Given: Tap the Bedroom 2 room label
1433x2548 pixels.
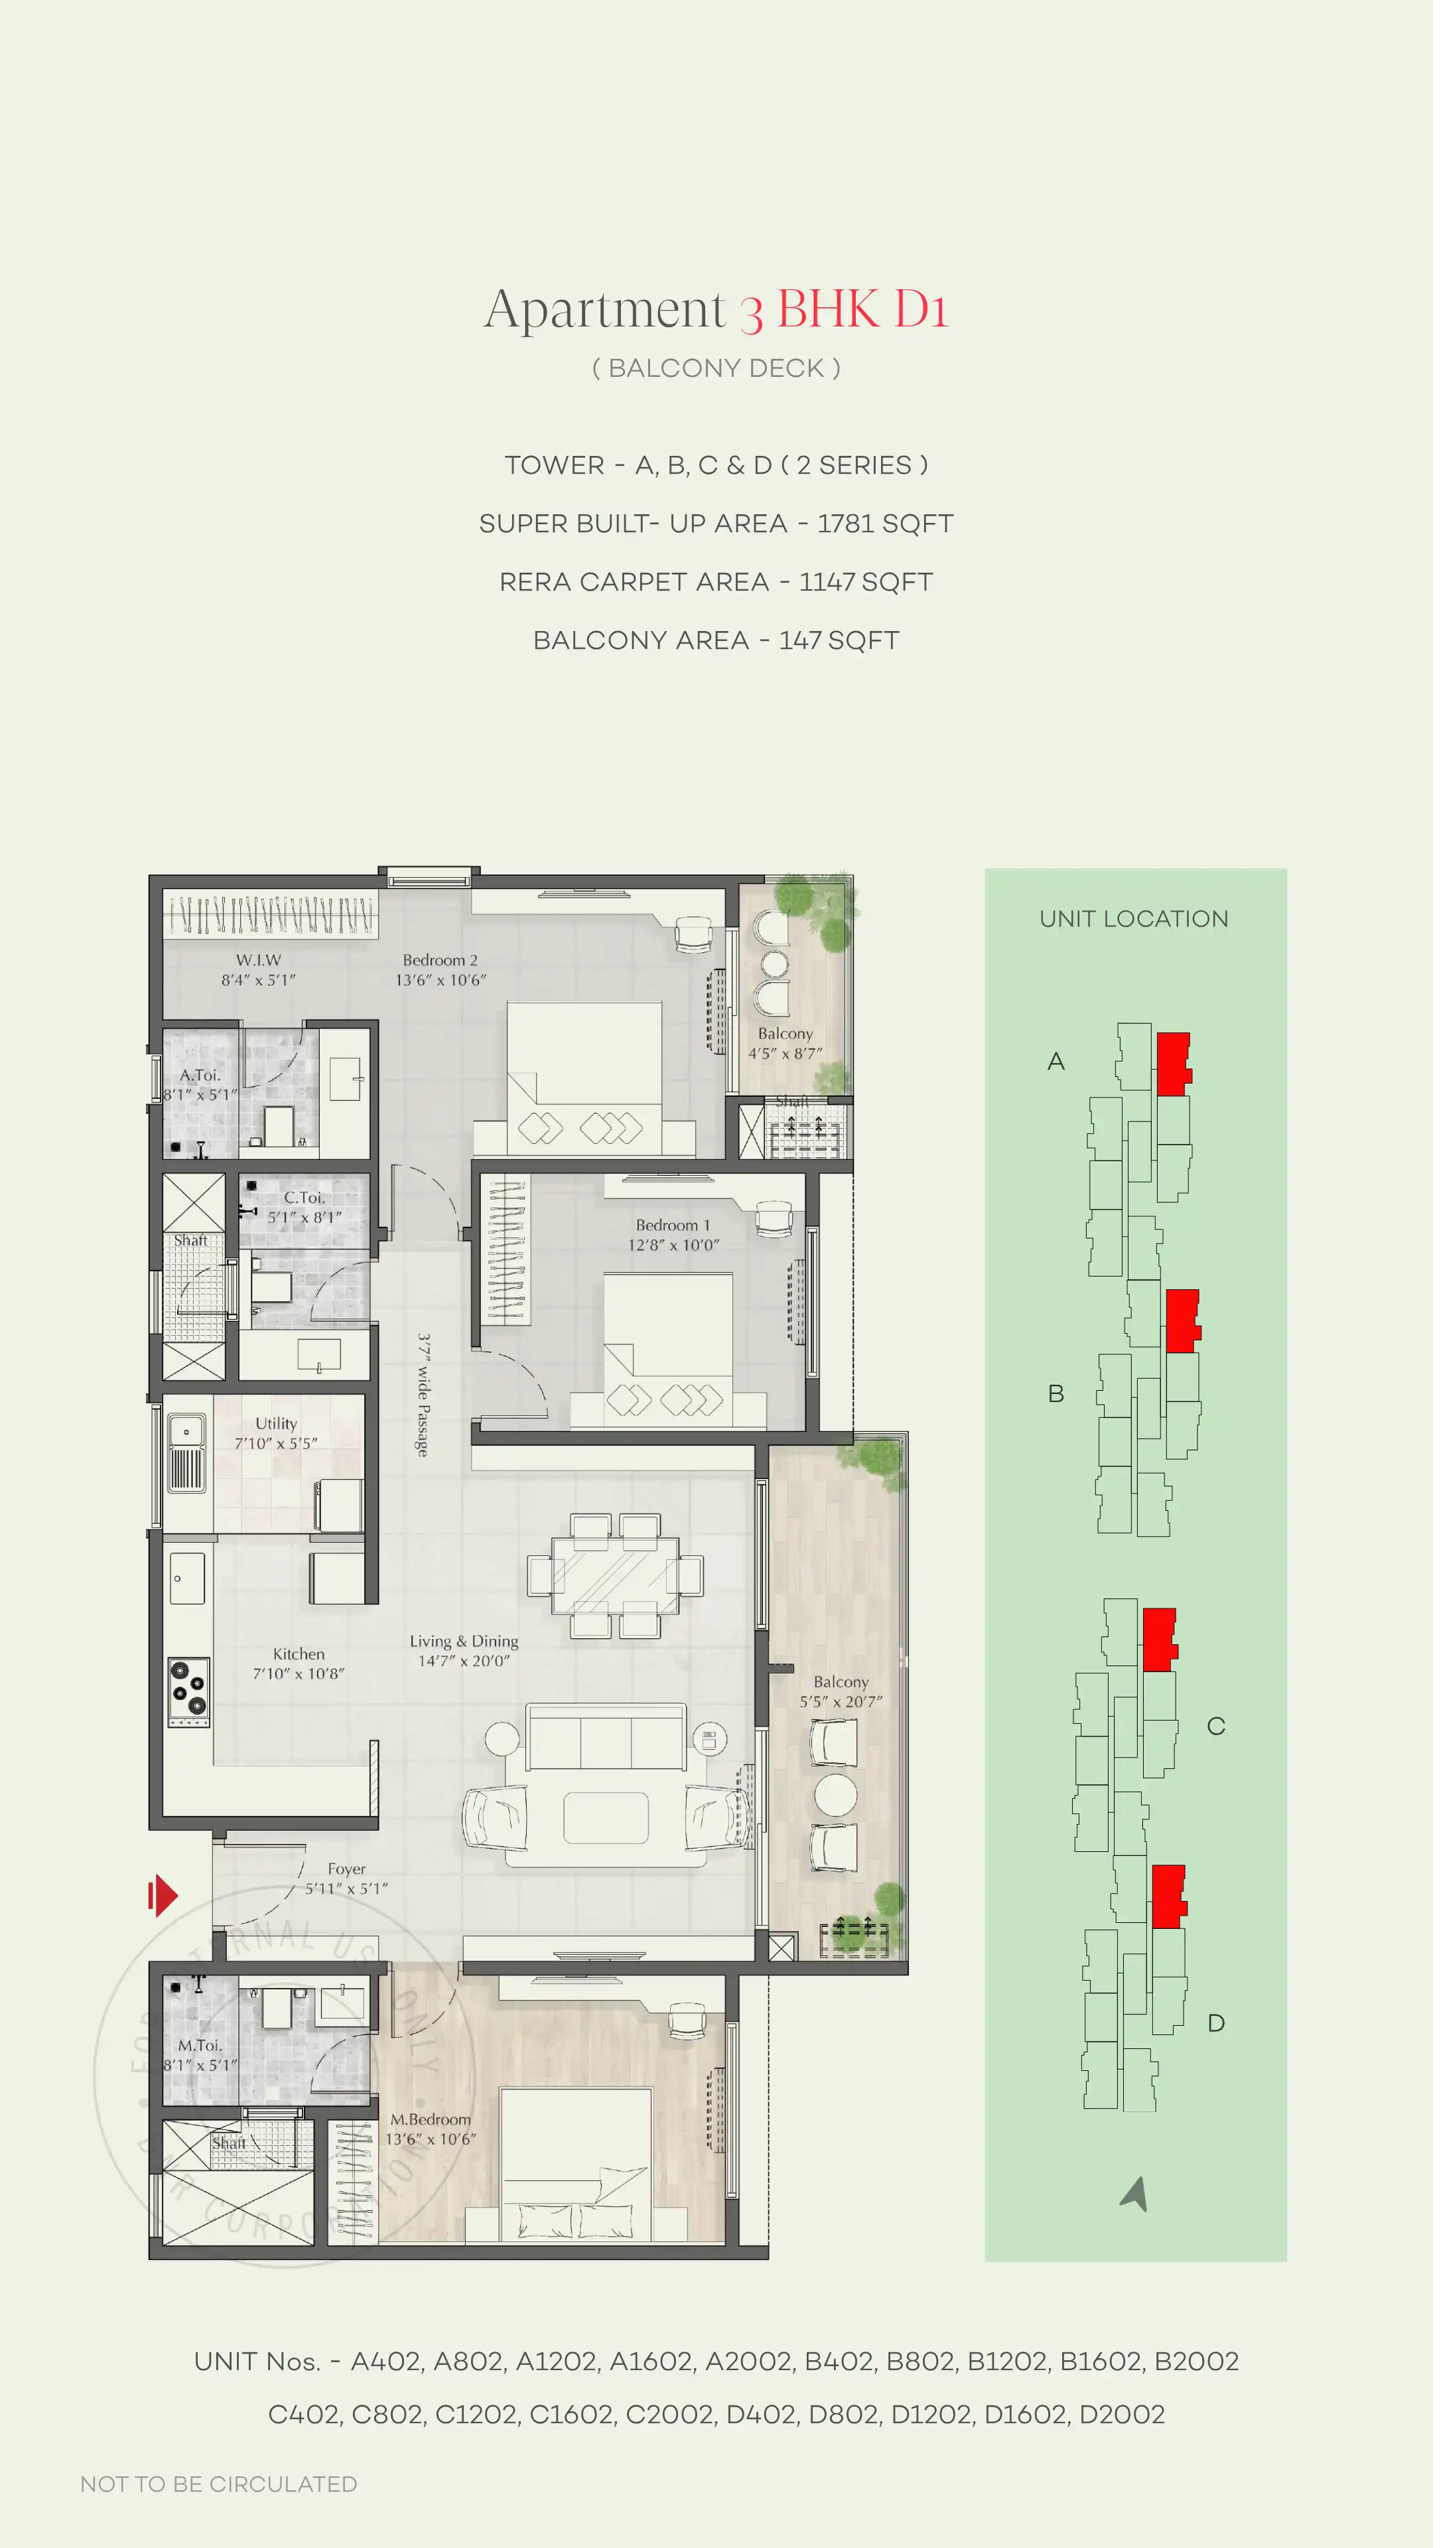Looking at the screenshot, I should pyautogui.click(x=440, y=960).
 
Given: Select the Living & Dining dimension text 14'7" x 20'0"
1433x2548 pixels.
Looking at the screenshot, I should pyautogui.click(x=464, y=1661).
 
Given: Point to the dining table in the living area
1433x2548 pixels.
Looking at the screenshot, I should pyautogui.click(x=615, y=1576).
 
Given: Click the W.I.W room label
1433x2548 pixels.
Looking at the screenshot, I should pyautogui.click(x=258, y=960).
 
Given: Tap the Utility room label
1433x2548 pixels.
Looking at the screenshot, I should pyautogui.click(x=276, y=1423).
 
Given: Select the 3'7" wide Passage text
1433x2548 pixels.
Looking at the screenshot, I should pyautogui.click(x=423, y=1395).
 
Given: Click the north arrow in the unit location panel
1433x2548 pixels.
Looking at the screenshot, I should pyautogui.click(x=1135, y=2194).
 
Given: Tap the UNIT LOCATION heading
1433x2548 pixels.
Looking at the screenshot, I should pyautogui.click(x=1133, y=919).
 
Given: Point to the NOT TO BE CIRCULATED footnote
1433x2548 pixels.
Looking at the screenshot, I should pyautogui.click(x=218, y=2484).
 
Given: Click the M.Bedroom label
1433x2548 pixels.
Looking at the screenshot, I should pyautogui.click(x=430, y=2119).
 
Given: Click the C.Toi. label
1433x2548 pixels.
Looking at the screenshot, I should pyautogui.click(x=305, y=1198).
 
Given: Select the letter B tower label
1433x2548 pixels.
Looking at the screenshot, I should pyautogui.click(x=1056, y=1393).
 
